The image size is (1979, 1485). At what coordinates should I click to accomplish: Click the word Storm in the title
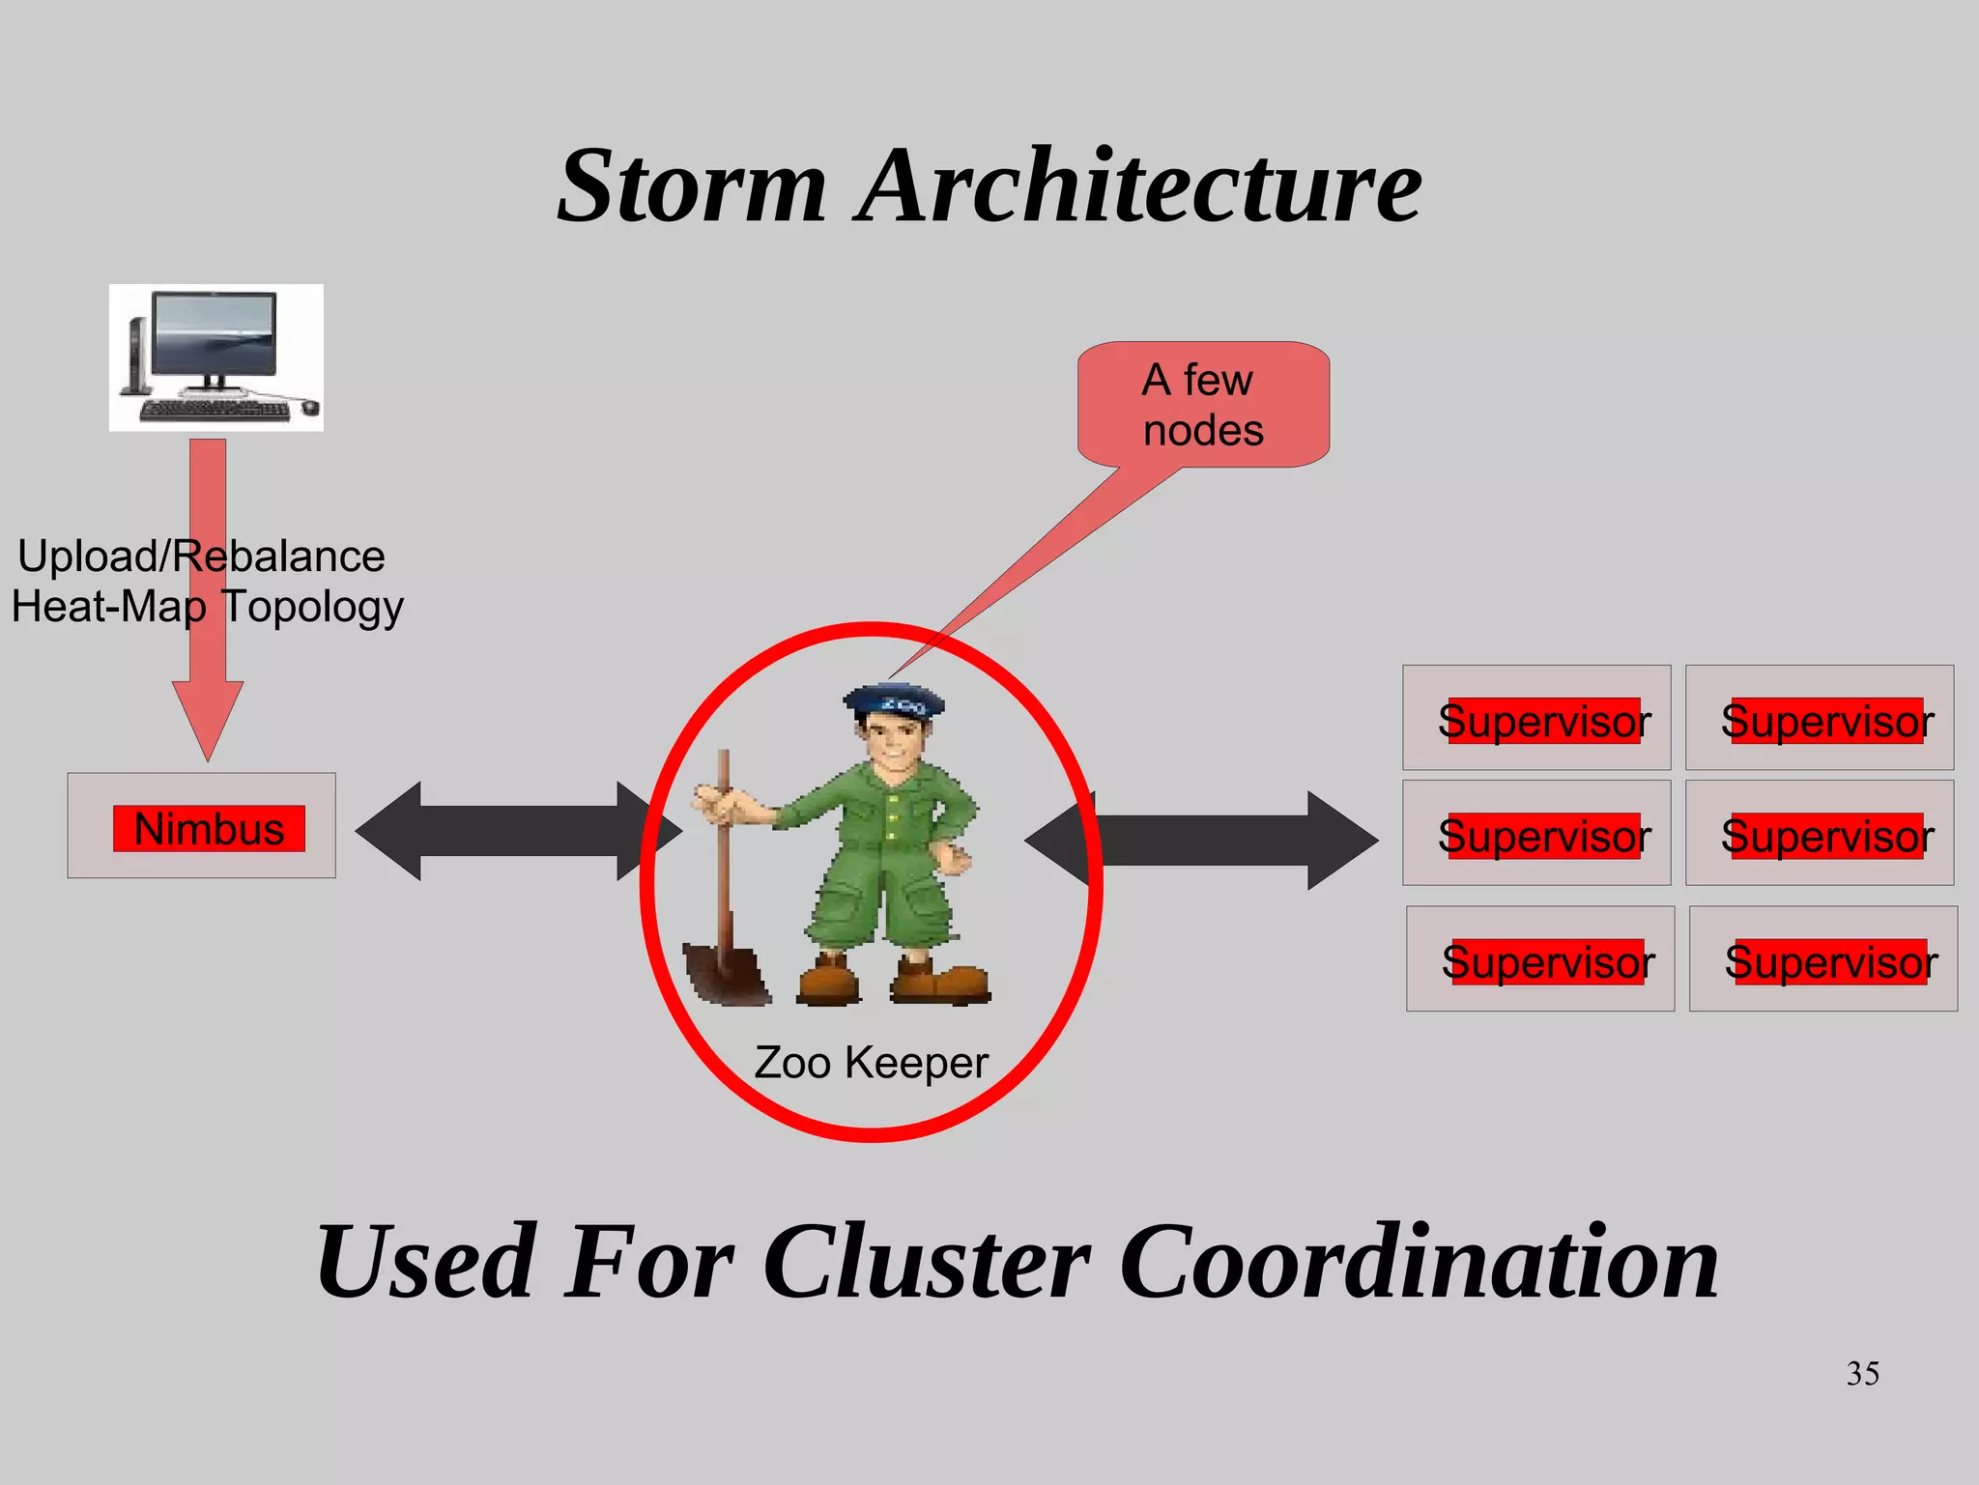(x=692, y=186)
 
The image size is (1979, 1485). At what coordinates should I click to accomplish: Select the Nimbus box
(x=202, y=826)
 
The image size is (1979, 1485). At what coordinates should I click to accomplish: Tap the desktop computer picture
(x=215, y=357)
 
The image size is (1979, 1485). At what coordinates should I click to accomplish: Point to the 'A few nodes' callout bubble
(x=1203, y=405)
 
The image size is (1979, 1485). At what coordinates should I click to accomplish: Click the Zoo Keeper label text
(x=871, y=1063)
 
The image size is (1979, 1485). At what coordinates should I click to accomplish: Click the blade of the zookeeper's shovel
(x=725, y=974)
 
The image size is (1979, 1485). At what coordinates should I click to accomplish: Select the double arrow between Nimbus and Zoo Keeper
(x=519, y=831)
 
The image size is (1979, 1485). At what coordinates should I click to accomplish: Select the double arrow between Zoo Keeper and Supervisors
(x=1203, y=840)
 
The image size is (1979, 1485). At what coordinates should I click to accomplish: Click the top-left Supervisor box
(x=1536, y=718)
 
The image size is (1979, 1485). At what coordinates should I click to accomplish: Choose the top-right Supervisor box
(x=1820, y=718)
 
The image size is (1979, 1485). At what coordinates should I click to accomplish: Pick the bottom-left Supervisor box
(x=1540, y=958)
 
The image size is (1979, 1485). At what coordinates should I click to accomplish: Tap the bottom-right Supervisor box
(x=1823, y=958)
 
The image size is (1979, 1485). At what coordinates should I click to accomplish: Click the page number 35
(x=1862, y=1373)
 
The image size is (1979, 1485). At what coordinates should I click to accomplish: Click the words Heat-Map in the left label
(x=108, y=608)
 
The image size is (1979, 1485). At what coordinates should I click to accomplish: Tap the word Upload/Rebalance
(x=201, y=557)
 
